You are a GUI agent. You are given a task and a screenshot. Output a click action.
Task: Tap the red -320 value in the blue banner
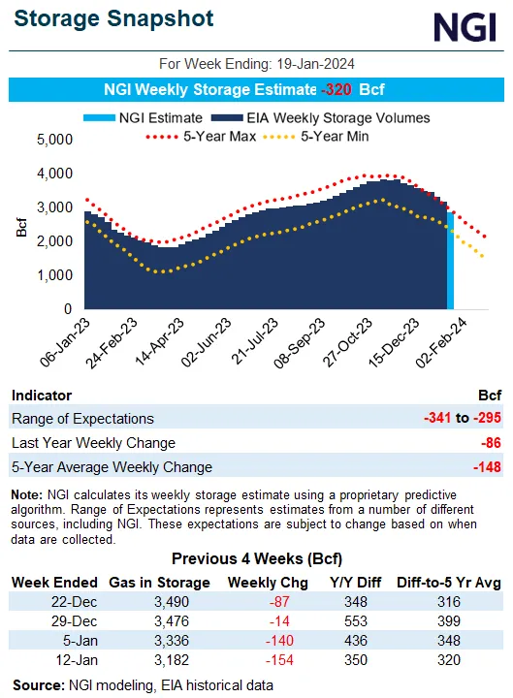[336, 90]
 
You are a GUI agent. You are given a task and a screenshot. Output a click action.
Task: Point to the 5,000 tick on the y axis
[54, 140]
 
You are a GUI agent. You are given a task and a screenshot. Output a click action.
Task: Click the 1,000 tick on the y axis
[54, 275]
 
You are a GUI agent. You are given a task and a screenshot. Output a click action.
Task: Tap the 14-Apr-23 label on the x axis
[166, 353]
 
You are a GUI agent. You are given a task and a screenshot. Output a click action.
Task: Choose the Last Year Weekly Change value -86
[491, 443]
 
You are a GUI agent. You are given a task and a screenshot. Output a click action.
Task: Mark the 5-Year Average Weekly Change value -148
[488, 467]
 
